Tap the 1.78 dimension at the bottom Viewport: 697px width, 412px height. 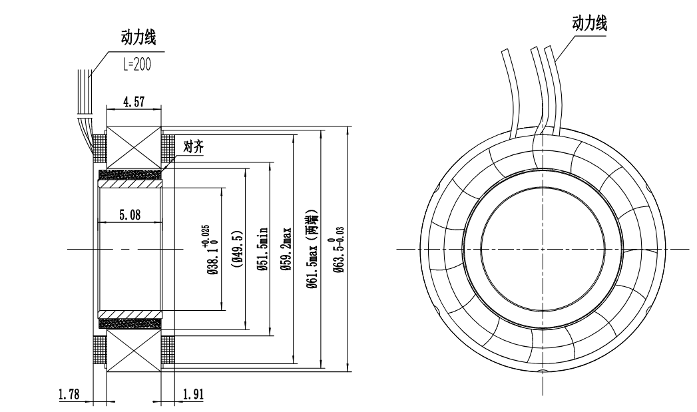(x=69, y=393)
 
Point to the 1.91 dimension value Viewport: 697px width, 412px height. (x=194, y=393)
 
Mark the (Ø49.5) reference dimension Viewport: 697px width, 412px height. (x=238, y=247)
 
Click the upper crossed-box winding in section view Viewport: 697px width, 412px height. (x=134, y=147)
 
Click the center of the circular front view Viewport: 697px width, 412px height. (x=543, y=249)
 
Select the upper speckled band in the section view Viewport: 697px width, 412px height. (x=130, y=174)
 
